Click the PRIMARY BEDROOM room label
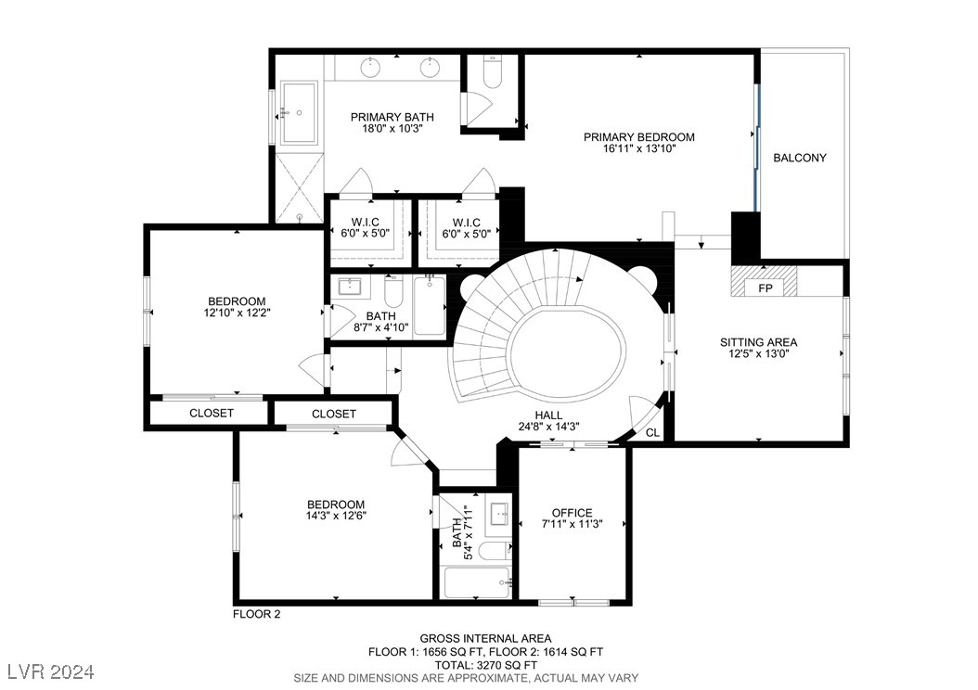click(638, 137)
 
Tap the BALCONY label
click(799, 158)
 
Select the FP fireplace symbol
click(765, 288)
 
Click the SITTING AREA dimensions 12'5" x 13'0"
click(758, 354)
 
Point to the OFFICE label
click(572, 513)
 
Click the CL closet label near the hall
click(652, 432)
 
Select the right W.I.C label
click(466, 222)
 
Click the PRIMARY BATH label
click(392, 117)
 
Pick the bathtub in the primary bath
click(300, 112)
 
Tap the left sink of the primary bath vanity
click(370, 66)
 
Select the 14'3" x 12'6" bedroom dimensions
click(336, 516)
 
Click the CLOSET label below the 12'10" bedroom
click(212, 413)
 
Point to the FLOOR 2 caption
click(255, 614)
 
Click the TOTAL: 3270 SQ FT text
click(485, 665)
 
